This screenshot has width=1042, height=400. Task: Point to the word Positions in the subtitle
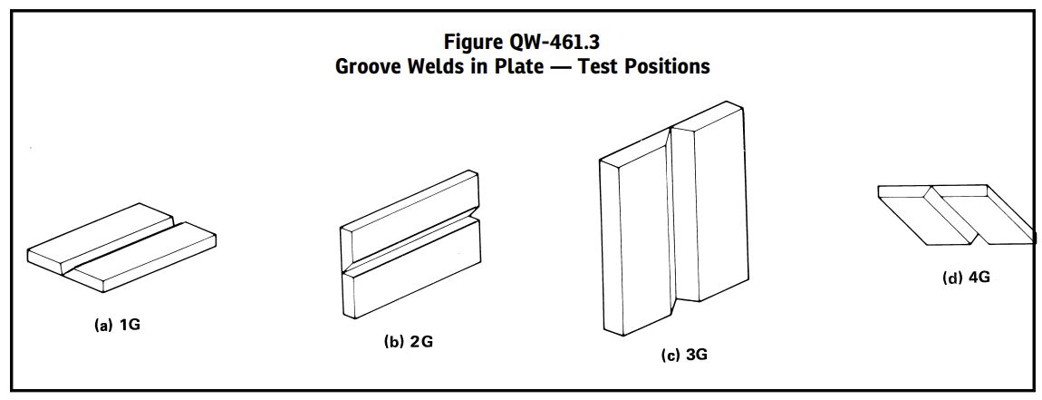click(x=666, y=66)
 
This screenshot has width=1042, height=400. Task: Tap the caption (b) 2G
click(x=408, y=343)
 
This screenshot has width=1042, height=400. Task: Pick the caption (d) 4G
click(x=966, y=278)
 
